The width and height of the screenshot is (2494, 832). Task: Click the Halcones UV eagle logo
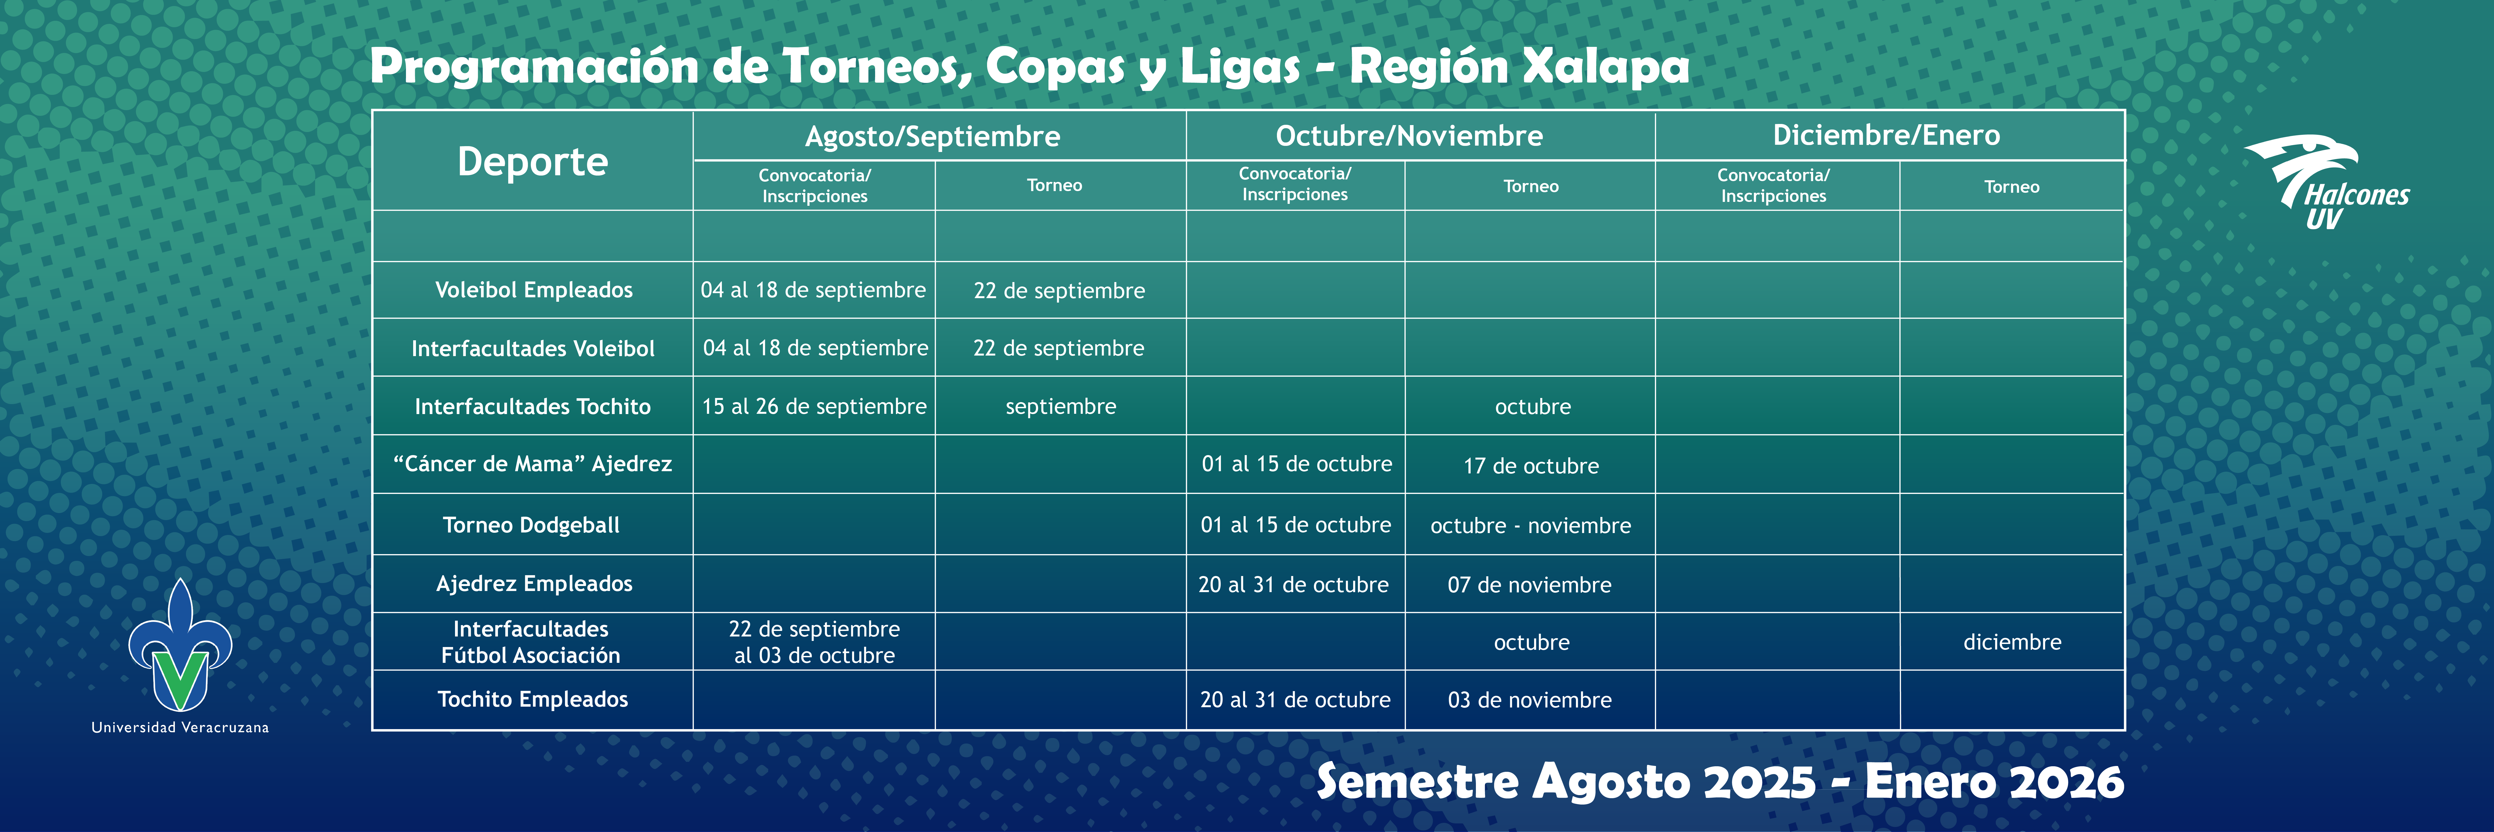[2326, 182]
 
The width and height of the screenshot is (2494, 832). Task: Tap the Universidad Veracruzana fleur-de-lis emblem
[180, 645]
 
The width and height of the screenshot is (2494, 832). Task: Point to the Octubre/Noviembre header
[1409, 136]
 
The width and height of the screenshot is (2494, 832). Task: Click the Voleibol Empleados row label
[533, 290]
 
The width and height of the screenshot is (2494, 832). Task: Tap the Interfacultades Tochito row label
[533, 406]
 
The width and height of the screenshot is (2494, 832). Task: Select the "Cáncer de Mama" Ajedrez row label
[533, 464]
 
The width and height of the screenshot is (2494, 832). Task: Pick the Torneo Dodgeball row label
[531, 525]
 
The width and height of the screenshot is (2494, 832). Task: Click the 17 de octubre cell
[1531, 466]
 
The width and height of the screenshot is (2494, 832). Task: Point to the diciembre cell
[2012, 642]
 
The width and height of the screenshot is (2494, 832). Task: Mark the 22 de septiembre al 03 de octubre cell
[814, 642]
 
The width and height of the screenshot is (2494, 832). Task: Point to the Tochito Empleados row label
[533, 699]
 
